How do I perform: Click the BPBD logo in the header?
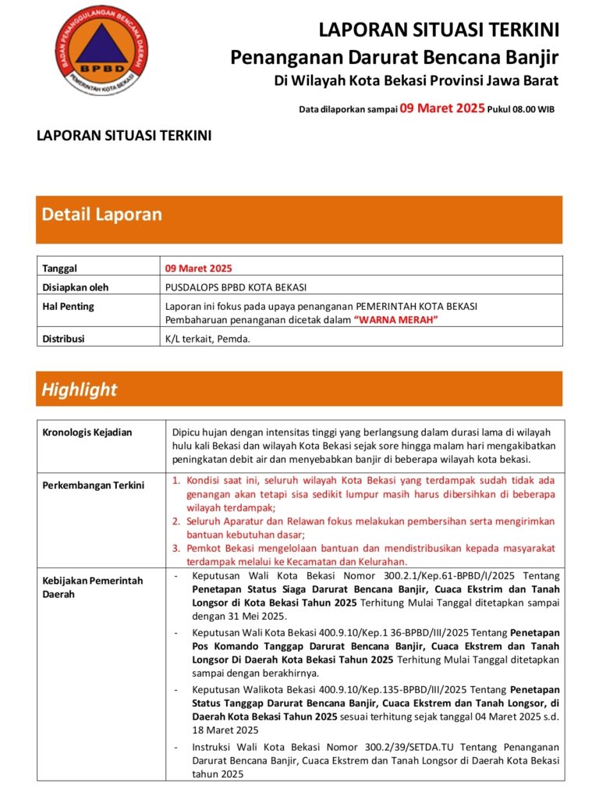[x=99, y=51]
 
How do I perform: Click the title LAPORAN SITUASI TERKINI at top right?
[x=438, y=30]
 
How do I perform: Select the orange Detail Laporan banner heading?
[x=102, y=214]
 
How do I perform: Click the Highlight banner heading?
[x=80, y=390]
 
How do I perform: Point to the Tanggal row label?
[x=60, y=269]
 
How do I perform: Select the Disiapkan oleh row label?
[x=76, y=287]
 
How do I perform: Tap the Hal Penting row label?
[x=68, y=307]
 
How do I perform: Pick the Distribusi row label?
[x=63, y=340]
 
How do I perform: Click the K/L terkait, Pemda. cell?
[x=207, y=340]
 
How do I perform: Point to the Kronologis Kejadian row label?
[x=87, y=432]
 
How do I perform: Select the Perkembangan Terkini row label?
[x=93, y=486]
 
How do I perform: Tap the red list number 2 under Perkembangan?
[x=176, y=521]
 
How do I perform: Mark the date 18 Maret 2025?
[x=225, y=730]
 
